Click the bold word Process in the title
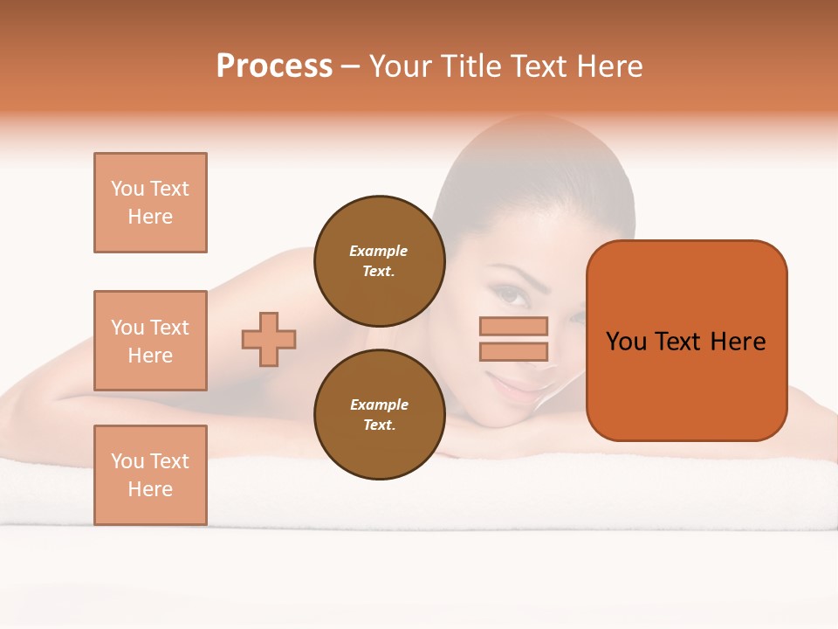pyautogui.click(x=274, y=66)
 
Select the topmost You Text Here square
pyautogui.click(x=150, y=203)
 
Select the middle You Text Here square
pyautogui.click(x=150, y=341)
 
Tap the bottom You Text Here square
pyautogui.click(x=150, y=475)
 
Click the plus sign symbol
pyautogui.click(x=269, y=339)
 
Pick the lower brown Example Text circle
pyautogui.click(x=379, y=414)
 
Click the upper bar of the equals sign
pyautogui.click(x=514, y=326)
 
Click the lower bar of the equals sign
pyautogui.click(x=514, y=351)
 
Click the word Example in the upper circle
pyautogui.click(x=379, y=251)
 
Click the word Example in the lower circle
pyautogui.click(x=379, y=404)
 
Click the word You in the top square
pyautogui.click(x=127, y=189)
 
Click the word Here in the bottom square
pyautogui.click(x=150, y=489)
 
